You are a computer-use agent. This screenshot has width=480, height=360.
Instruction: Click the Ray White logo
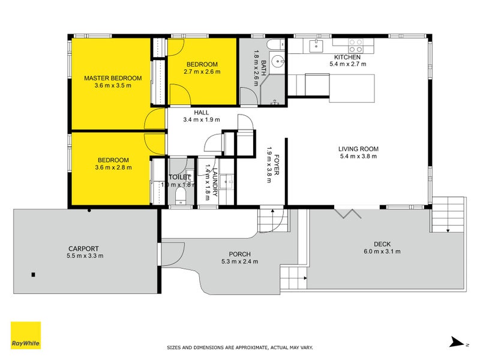(x=26, y=335)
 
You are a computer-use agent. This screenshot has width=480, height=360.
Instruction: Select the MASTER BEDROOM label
(x=113, y=78)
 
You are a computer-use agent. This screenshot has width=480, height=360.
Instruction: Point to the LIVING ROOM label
(x=358, y=149)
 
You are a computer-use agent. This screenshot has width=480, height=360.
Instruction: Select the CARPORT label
(x=83, y=248)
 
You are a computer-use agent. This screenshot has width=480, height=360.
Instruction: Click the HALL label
(x=201, y=112)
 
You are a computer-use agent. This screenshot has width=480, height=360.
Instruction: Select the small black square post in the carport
(x=34, y=275)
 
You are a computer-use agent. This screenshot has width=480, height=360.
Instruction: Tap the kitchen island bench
(x=339, y=85)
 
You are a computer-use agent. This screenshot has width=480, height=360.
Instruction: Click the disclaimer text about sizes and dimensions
(x=239, y=347)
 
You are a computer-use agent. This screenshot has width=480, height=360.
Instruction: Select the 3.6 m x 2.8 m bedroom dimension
(x=113, y=167)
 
